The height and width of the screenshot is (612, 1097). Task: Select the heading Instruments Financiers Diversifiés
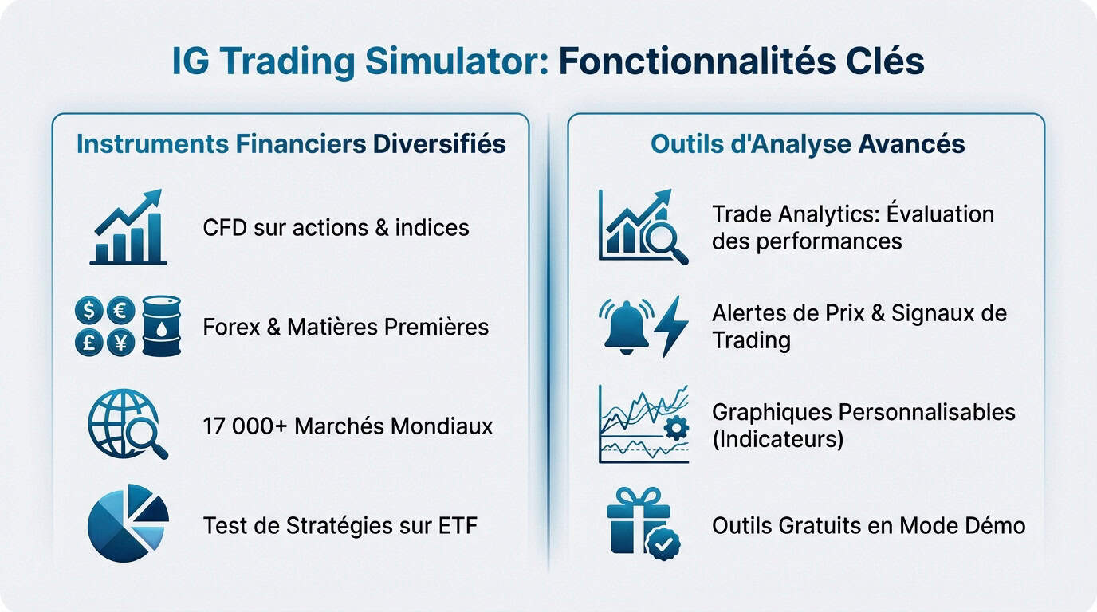pos(291,144)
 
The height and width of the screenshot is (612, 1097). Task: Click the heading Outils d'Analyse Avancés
pos(808,144)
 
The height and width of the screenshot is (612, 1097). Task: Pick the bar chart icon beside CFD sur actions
pos(128,228)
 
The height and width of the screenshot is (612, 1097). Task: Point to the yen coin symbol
pos(120,342)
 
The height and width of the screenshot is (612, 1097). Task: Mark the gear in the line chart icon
pos(676,429)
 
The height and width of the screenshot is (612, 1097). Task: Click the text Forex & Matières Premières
pos(345,327)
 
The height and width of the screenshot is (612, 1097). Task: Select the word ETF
pos(456,525)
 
